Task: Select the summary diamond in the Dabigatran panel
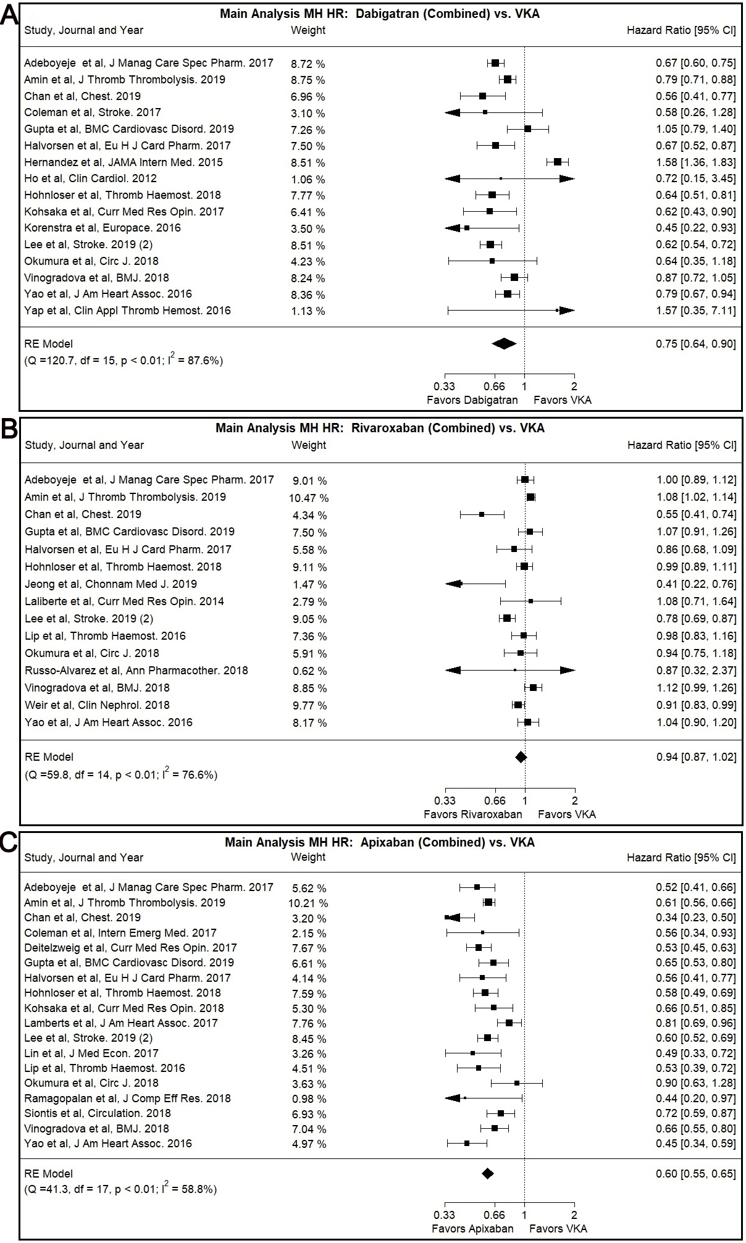(504, 344)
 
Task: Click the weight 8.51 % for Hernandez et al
(308, 163)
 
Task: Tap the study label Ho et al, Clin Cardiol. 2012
(91, 179)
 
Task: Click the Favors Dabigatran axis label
(472, 400)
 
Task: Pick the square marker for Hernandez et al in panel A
(558, 162)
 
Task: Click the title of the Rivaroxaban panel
(380, 428)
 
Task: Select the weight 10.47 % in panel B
(311, 498)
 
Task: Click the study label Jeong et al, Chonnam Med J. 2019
(111, 584)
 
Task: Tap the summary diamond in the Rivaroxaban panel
(521, 757)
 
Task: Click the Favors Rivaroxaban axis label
(472, 814)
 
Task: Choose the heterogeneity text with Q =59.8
(121, 774)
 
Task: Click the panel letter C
(9, 843)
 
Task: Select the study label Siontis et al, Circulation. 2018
(98, 1113)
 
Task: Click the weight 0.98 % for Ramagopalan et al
(309, 1099)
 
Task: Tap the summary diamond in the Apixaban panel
(487, 1174)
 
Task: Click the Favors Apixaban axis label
(472, 1229)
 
